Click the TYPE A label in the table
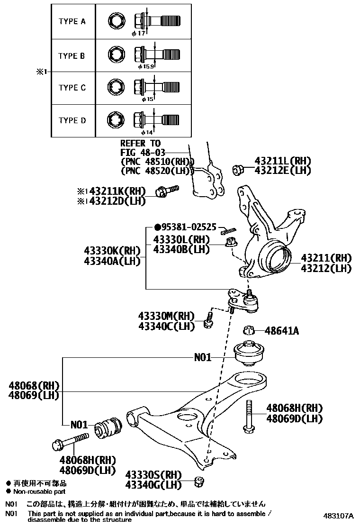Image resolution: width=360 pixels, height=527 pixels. click(72, 21)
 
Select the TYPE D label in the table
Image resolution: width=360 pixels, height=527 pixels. click(72, 120)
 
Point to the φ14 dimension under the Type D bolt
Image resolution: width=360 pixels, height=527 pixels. click(146, 133)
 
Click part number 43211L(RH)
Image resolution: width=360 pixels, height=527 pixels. click(283, 161)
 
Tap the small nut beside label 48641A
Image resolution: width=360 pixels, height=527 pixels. click(250, 330)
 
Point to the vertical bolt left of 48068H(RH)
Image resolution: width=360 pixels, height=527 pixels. click(249, 416)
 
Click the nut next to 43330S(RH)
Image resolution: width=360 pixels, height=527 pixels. click(199, 482)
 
